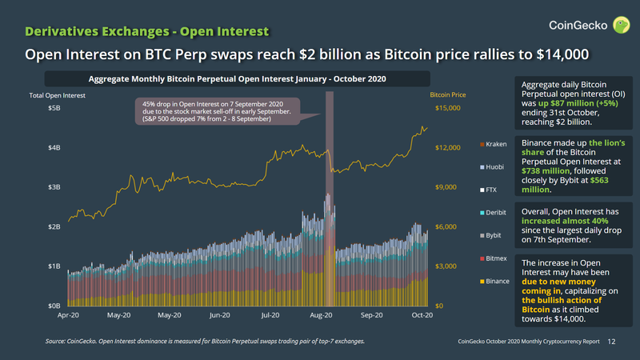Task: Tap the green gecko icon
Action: [621, 26]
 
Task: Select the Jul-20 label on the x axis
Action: [270, 315]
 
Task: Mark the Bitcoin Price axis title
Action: [448, 95]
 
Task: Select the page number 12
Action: [612, 342]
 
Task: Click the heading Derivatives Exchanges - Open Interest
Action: [146, 31]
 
